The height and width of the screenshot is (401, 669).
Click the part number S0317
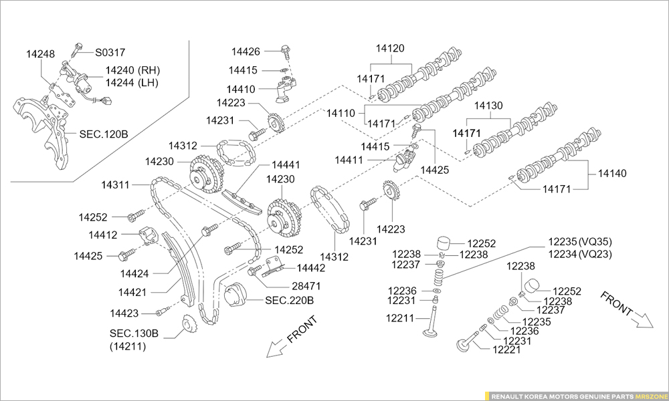pos(110,51)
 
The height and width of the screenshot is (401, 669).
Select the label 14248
pos(41,53)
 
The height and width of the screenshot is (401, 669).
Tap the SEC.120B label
pos(104,134)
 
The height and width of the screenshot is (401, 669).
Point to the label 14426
pos(246,51)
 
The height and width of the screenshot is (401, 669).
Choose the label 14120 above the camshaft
pos(390,49)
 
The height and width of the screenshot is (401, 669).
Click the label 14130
pos(489,106)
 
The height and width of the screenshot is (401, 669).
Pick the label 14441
pos(286,164)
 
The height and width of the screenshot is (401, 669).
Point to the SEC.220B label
pos(290,300)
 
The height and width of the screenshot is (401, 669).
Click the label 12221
pos(506,350)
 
